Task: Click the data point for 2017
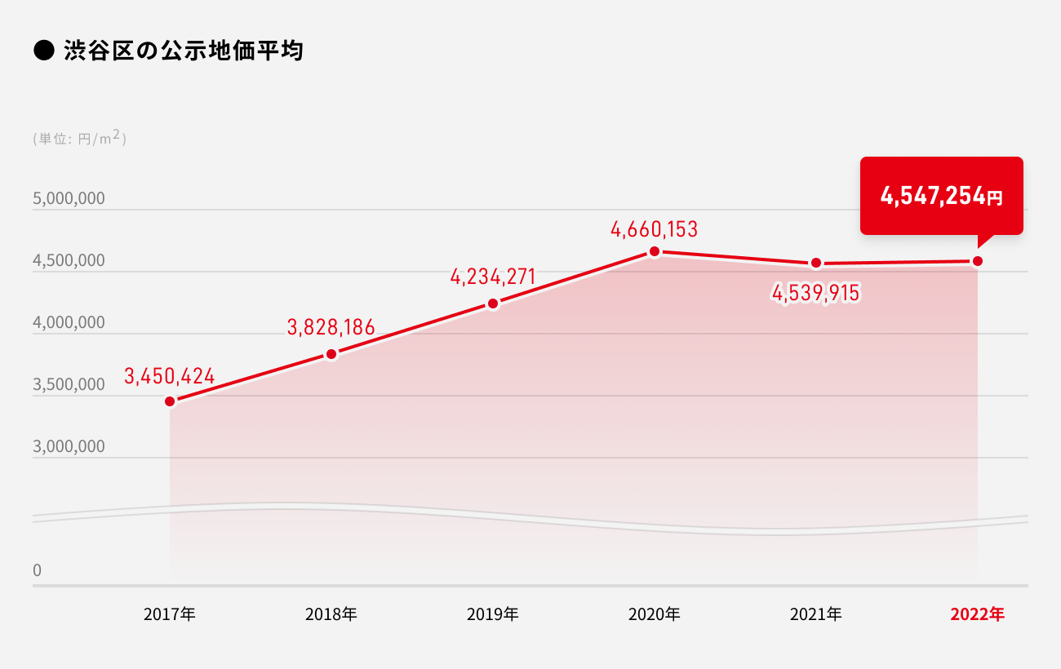coord(170,401)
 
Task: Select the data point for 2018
coord(331,354)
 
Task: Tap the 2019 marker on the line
coord(493,303)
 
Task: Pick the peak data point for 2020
coord(655,251)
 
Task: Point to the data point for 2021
coord(816,263)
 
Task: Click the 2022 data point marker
coord(978,261)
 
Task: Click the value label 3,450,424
coord(169,376)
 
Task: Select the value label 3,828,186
coord(331,328)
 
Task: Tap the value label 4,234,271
coord(492,277)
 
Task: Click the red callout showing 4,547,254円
coord(941,196)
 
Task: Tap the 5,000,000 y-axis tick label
coord(69,199)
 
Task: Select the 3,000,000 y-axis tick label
coord(69,447)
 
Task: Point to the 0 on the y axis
coord(37,571)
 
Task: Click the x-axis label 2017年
coord(169,614)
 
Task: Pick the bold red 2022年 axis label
coord(977,614)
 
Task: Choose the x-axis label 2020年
coord(654,614)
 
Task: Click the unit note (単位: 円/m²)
coord(79,139)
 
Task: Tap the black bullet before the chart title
coord(42,51)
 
